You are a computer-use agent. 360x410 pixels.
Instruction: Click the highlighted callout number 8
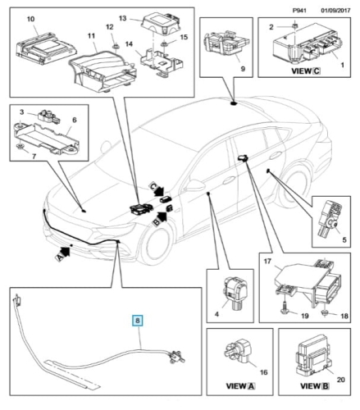coord(138,321)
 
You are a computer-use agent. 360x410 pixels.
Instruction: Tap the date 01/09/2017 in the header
coord(335,11)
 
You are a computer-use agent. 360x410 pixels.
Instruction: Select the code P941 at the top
coord(299,11)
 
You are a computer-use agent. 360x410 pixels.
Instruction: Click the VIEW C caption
coord(306,71)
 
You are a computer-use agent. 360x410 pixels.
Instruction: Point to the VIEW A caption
coord(240,386)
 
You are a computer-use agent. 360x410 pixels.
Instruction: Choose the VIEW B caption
coord(315,386)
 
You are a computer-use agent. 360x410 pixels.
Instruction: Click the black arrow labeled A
coord(63,253)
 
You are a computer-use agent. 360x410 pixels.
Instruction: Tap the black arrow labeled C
coord(156,189)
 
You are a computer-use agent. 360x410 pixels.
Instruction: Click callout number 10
coord(30,19)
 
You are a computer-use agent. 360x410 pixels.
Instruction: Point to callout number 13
coord(123,18)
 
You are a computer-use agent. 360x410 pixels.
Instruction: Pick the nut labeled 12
coord(116,46)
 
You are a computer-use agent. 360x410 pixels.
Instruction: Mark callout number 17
coord(267,262)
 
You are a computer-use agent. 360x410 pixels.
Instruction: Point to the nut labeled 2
coord(295,26)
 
